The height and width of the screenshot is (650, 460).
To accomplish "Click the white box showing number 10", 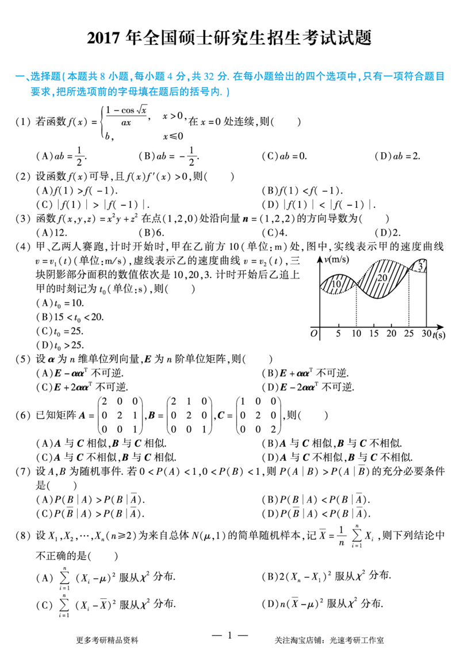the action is tap(337, 284).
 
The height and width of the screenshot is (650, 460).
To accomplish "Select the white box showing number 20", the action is tap(382, 278).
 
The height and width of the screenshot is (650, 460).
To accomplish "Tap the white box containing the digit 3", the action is tap(420, 266).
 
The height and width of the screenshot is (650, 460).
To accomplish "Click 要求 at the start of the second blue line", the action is tap(37, 92).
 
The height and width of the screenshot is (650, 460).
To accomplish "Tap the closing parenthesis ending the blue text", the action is tap(228, 92).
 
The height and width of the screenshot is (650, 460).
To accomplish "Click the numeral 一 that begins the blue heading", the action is tap(18, 76).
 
